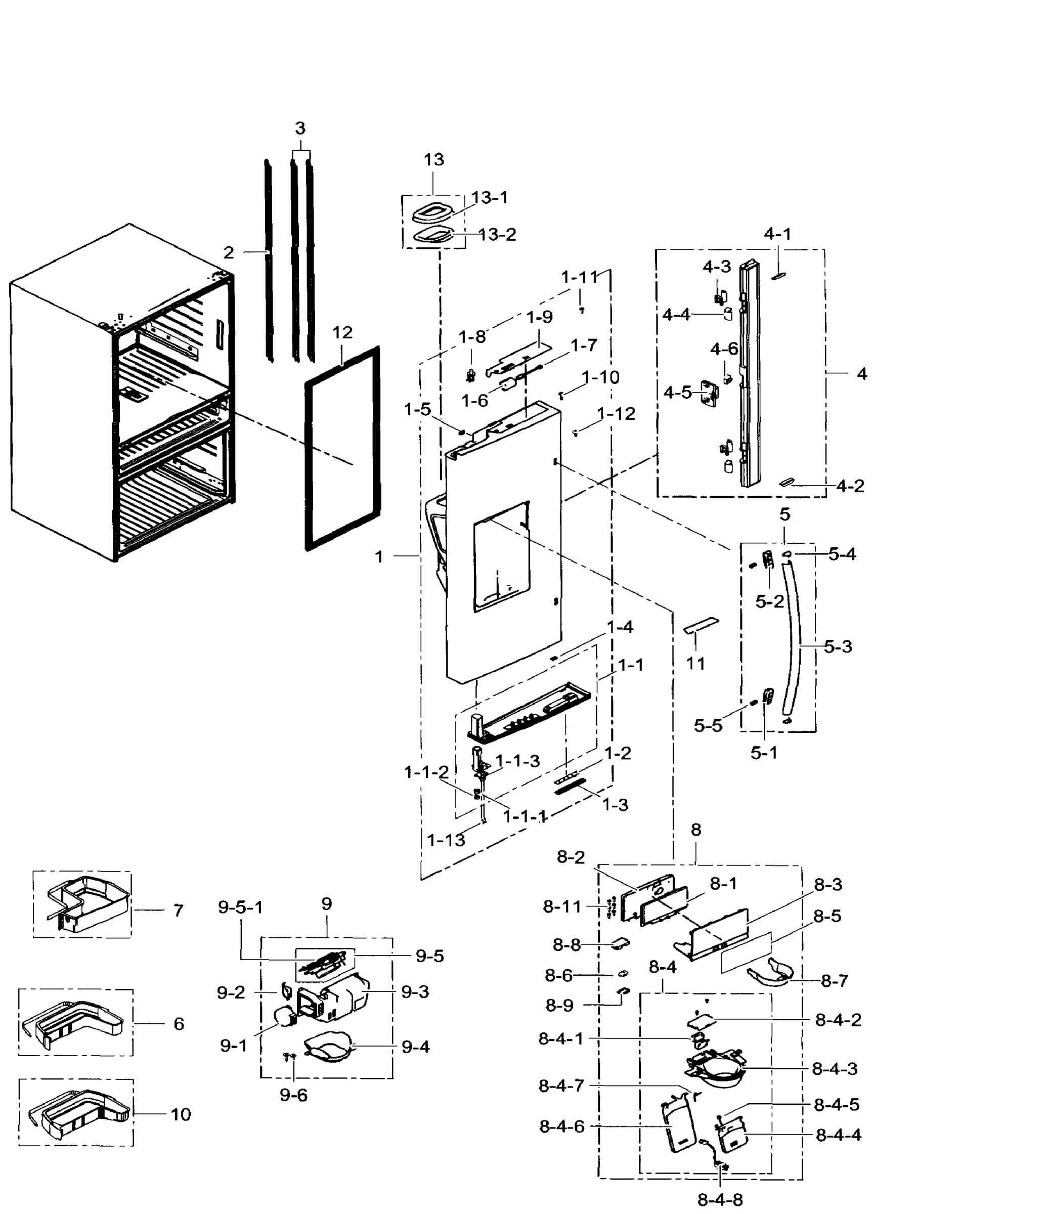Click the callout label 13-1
click(x=489, y=197)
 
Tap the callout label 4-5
click(x=677, y=393)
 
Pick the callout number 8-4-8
click(x=720, y=1199)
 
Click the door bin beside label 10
click(x=79, y=1113)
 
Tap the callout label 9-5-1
click(x=240, y=907)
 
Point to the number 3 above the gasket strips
click(x=300, y=128)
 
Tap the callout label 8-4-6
click(x=561, y=1126)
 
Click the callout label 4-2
click(x=850, y=486)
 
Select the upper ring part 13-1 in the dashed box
click(x=432, y=212)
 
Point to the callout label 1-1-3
click(x=517, y=760)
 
